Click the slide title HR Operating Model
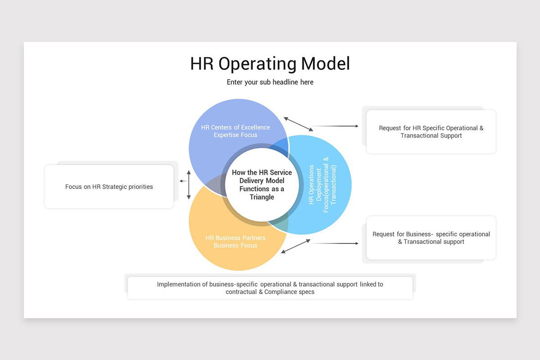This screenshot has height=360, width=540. click(x=270, y=63)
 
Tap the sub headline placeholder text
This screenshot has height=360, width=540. click(x=270, y=82)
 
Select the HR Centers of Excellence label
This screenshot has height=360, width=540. click(x=235, y=131)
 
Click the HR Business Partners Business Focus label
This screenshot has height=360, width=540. click(x=235, y=242)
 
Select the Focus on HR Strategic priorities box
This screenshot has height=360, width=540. click(x=109, y=187)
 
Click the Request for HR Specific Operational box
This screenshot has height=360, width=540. click(x=431, y=132)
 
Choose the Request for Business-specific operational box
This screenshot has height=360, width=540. click(x=431, y=238)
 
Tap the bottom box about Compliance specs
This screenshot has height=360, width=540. click(x=270, y=288)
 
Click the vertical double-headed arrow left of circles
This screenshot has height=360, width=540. click(x=189, y=184)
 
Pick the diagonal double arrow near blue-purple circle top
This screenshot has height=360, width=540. click(x=298, y=124)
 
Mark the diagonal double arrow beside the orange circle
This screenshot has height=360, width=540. click(x=296, y=246)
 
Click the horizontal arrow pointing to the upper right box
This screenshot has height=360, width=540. click(x=335, y=126)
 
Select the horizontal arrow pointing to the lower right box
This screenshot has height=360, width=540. click(x=335, y=243)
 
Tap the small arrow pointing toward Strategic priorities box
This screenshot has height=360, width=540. click(x=183, y=181)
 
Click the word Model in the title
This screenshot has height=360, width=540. click(x=325, y=63)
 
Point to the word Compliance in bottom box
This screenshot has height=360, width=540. click(x=282, y=292)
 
